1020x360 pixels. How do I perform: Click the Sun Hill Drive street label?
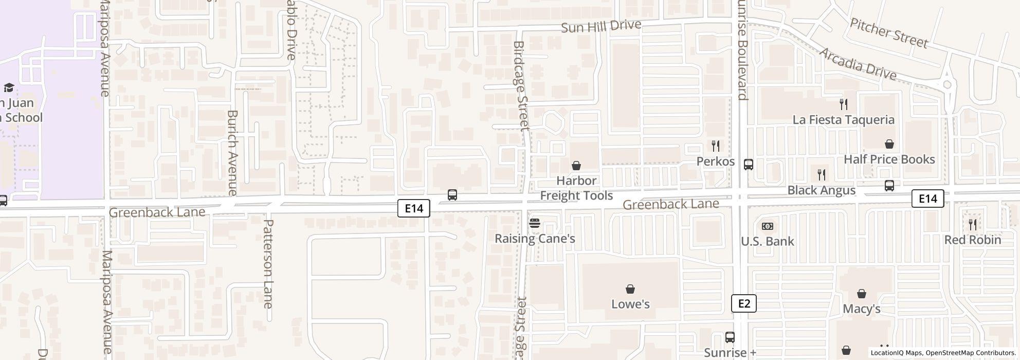click(x=601, y=26)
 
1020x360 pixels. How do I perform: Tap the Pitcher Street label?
click(x=889, y=33)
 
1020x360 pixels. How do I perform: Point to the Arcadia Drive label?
click(x=857, y=64)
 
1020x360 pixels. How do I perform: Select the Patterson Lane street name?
click(x=268, y=264)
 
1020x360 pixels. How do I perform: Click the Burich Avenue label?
click(x=232, y=152)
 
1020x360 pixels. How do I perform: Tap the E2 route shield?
click(x=744, y=303)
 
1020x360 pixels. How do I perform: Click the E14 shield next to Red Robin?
click(x=927, y=199)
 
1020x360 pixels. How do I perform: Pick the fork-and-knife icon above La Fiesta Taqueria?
click(x=844, y=104)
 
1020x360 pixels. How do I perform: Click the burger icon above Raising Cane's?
click(x=535, y=223)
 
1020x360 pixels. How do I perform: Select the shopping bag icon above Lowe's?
click(x=630, y=289)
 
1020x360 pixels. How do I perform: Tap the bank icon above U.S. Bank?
click(x=768, y=226)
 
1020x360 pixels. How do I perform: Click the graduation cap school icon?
click(x=9, y=87)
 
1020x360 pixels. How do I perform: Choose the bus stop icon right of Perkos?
click(x=749, y=165)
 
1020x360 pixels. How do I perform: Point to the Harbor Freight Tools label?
click(x=576, y=188)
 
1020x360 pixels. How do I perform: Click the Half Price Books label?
click(x=889, y=159)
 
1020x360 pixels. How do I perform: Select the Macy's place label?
click(x=862, y=309)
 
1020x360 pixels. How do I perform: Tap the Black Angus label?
click(x=821, y=190)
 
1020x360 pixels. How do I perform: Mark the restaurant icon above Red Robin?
click(x=973, y=224)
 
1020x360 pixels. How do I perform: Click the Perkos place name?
click(x=715, y=161)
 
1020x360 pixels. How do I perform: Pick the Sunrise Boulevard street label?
click(x=741, y=50)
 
